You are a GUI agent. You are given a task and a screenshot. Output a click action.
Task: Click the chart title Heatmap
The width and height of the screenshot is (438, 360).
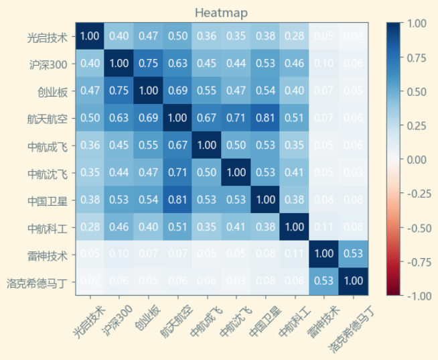point(221,13)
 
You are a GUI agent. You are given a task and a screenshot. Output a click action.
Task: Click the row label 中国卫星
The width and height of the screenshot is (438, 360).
point(48,200)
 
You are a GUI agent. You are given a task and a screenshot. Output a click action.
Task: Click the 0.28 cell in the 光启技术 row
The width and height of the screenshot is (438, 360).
point(294,36)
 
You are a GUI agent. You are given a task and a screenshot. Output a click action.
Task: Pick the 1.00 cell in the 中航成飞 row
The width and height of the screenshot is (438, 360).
point(206,145)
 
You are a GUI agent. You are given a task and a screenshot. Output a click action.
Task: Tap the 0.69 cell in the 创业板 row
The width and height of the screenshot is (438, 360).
point(177,91)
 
